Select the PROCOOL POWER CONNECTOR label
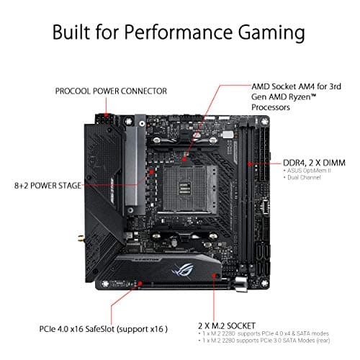[x=111, y=91]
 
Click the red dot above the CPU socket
[x=186, y=154]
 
